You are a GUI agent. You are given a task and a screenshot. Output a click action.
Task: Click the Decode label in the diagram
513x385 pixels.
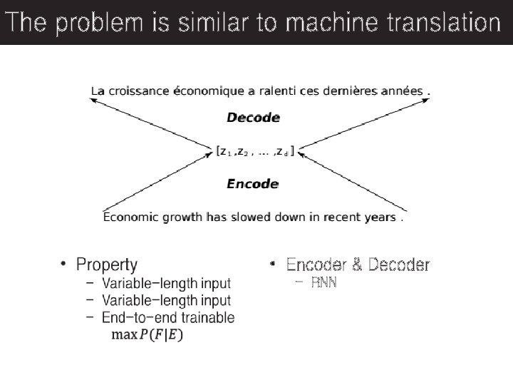point(253,118)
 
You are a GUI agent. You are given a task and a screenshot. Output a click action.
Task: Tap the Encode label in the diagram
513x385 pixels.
point(252,184)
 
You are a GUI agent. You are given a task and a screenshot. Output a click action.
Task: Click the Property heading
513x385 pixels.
point(107,265)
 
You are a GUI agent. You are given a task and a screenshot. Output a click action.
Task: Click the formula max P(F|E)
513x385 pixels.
point(147,335)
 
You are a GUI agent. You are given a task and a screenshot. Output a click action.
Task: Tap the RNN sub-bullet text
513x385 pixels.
point(324,283)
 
